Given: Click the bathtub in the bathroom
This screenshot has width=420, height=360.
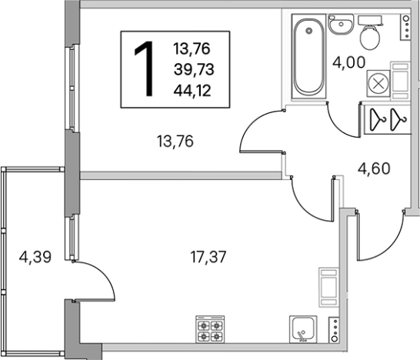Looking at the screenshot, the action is [308, 56].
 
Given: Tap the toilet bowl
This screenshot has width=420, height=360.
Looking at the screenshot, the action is [370, 38].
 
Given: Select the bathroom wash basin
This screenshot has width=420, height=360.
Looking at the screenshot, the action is [341, 25].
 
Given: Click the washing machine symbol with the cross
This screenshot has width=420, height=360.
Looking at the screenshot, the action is [378, 84].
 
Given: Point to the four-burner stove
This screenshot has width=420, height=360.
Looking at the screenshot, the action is [210, 329].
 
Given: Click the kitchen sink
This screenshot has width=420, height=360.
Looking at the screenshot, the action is [303, 329].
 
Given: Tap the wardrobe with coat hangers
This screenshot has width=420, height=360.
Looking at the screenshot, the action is [388, 119].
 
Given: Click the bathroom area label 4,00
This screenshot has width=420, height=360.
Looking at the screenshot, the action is [348, 63].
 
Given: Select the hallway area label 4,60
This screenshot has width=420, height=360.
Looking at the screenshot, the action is [374, 168].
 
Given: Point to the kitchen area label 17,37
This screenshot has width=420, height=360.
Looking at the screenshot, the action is [208, 257].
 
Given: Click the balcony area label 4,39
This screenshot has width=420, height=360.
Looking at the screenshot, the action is [35, 258].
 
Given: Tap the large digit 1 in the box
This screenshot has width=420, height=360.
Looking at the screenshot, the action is [145, 68].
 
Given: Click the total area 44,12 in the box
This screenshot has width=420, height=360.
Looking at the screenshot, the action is [192, 91].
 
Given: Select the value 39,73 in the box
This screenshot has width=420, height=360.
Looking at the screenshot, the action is [194, 70].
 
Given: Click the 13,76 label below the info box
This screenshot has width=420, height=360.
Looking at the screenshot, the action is [175, 142].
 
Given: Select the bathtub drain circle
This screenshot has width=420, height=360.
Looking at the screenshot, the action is [309, 31].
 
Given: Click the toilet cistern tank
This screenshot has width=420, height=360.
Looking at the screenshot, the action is [370, 20].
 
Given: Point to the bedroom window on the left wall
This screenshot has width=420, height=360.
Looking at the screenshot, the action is [72, 88].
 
